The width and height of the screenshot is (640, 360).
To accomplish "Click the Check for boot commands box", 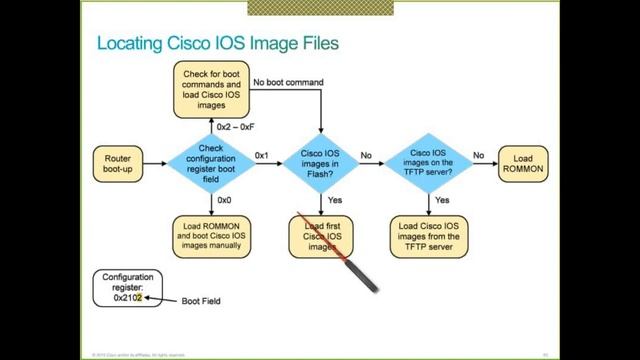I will [x=211, y=85].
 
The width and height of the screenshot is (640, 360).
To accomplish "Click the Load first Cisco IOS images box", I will [x=321, y=235].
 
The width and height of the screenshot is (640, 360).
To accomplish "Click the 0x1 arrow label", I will [x=262, y=155].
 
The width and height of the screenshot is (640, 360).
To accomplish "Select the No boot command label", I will [x=290, y=83].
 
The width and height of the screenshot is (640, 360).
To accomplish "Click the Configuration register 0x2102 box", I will [x=126, y=287].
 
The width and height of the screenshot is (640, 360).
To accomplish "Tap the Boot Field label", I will [x=201, y=300].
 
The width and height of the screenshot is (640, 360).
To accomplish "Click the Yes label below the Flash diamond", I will [x=334, y=200].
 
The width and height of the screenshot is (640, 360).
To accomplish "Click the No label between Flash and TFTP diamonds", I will [x=366, y=155].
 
